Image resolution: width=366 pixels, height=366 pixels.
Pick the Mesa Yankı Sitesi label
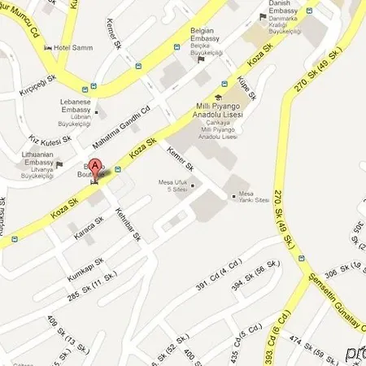pyautogui.click(x=250, y=195)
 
